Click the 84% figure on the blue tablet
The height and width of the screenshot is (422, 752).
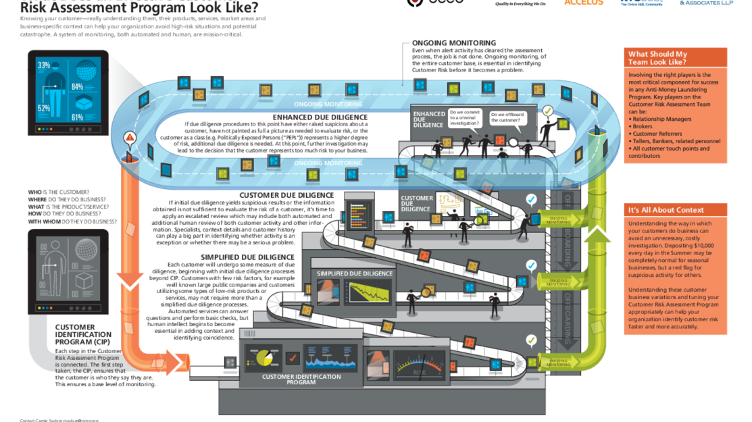point(77,86)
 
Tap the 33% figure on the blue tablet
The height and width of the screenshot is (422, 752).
point(44,65)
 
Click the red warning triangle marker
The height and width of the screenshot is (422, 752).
point(129,137)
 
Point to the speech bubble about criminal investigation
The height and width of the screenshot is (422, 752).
point(466,117)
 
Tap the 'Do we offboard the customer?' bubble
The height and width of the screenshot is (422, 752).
point(507,117)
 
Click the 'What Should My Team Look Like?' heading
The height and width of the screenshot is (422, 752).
point(657,58)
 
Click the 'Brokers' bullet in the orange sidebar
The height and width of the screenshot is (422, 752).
point(643,126)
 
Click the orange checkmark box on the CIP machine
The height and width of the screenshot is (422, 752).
point(292,359)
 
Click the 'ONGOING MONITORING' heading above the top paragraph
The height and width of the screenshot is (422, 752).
point(453,43)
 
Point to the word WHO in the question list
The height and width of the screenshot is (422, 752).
point(36,192)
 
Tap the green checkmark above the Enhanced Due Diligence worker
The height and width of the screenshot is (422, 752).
point(547,110)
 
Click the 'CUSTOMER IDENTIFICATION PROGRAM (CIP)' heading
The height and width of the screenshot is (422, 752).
point(83,334)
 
